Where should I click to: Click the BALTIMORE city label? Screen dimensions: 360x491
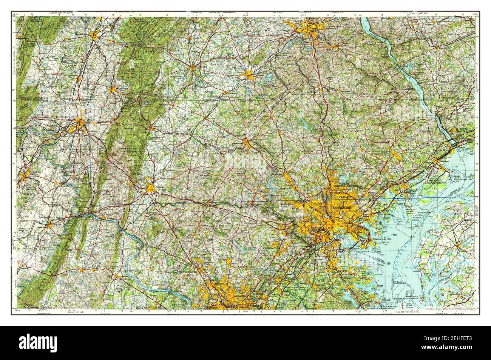(x=341, y=208)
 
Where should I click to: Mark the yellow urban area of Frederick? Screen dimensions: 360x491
(x=152, y=189)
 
